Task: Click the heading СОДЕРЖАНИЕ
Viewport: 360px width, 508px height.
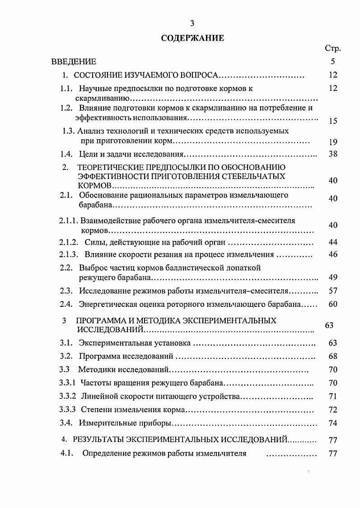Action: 192,38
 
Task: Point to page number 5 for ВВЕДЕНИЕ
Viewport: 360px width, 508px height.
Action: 333,61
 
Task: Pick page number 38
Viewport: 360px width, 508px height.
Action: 333,154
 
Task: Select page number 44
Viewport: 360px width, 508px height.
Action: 333,242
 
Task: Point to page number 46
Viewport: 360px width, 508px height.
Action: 333,254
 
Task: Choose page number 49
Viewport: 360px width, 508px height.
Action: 333,277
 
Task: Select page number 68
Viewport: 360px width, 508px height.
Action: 333,356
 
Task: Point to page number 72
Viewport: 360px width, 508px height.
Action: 333,410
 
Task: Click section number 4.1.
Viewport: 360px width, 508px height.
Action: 66,453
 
